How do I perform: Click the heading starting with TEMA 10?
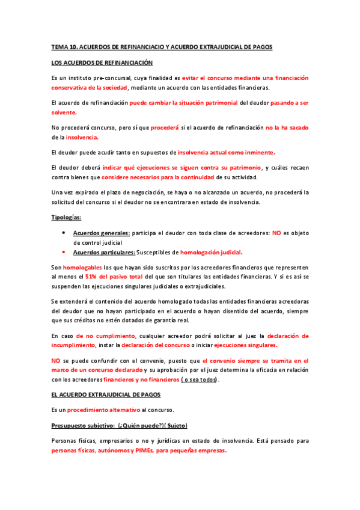click(162, 46)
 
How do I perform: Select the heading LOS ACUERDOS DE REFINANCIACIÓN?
click(102, 63)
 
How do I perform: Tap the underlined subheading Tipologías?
click(67, 217)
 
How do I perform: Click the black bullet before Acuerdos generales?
click(64, 232)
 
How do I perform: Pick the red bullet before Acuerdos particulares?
click(64, 251)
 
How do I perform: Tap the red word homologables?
click(82, 266)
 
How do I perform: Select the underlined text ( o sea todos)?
click(200, 380)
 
